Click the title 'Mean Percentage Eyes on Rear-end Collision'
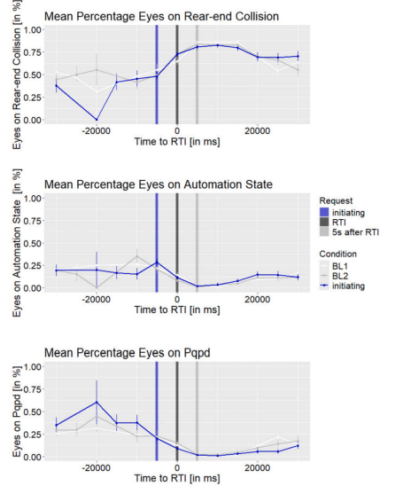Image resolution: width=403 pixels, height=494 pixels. click(161, 16)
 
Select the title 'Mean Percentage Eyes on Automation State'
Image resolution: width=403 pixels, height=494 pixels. click(159, 184)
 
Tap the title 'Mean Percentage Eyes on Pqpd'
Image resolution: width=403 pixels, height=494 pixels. click(127, 353)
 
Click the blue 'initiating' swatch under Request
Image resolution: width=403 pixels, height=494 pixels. click(324, 213)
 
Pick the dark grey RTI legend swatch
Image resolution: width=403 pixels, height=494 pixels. click(324, 223)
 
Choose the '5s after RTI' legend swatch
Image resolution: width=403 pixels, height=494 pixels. click(324, 232)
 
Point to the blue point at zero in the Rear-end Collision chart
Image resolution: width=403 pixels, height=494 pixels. click(177, 54)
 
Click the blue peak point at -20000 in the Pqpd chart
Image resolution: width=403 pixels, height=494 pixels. click(97, 402)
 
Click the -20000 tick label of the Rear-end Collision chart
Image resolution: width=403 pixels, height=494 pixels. click(96, 130)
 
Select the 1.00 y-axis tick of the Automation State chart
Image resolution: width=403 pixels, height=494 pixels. click(33, 198)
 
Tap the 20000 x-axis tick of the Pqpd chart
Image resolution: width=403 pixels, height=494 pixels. click(258, 467)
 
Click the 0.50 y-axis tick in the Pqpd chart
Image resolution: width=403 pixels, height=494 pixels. click(33, 412)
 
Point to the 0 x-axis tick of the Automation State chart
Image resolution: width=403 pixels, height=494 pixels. click(177, 299)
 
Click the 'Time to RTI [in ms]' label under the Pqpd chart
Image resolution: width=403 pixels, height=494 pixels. click(177, 478)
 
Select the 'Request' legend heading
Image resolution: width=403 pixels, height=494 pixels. click(336, 200)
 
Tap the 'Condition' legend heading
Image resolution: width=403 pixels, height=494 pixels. click(337, 254)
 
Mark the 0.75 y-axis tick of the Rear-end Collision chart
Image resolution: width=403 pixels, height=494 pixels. click(33, 52)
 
